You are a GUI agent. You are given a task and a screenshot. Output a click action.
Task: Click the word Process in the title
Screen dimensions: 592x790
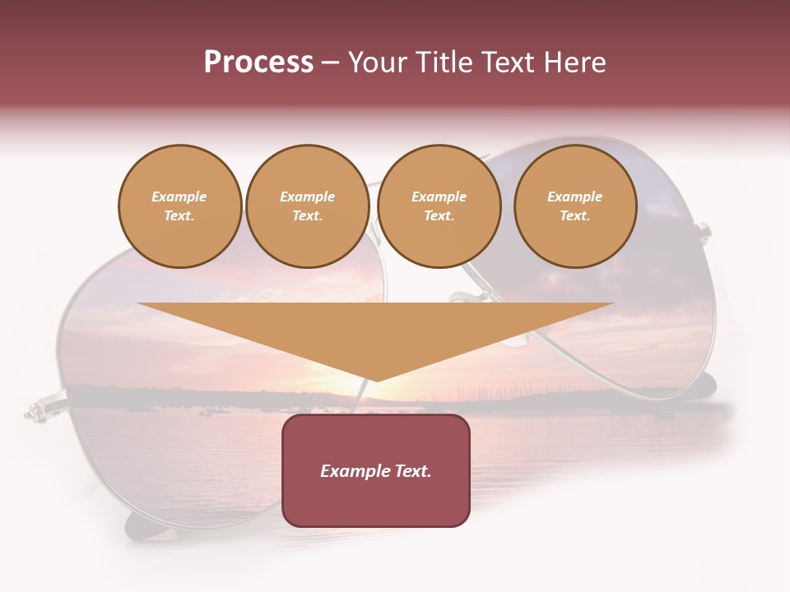click(258, 62)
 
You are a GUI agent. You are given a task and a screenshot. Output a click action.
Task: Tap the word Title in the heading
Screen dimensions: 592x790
click(442, 62)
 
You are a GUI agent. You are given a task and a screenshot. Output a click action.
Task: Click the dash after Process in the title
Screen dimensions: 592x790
click(331, 63)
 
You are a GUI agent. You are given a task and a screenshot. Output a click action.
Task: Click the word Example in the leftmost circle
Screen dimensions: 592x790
click(179, 197)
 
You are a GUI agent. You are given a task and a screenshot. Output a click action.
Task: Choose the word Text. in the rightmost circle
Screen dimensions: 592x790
click(574, 215)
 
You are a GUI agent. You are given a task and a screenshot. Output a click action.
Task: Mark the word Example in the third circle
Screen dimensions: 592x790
click(439, 197)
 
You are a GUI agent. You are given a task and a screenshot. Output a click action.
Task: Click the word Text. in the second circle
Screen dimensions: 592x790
click(307, 215)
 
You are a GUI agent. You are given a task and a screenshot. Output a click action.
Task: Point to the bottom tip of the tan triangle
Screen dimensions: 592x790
click(376, 380)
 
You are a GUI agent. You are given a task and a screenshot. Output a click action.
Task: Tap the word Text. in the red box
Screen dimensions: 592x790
click(413, 471)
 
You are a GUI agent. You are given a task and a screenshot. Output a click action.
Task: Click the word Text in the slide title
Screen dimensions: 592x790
click(509, 62)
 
